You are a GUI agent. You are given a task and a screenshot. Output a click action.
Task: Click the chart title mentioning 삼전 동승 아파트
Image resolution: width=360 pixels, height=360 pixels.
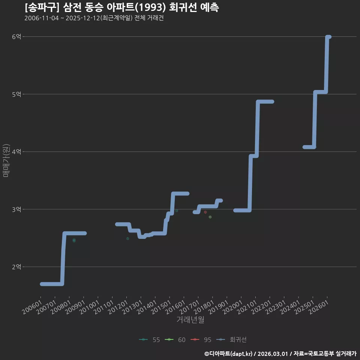[121, 7]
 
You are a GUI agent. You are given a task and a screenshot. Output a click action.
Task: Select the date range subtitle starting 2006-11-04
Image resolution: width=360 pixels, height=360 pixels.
[94, 18]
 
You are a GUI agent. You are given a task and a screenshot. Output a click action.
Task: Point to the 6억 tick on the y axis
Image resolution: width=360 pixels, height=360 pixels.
[16, 36]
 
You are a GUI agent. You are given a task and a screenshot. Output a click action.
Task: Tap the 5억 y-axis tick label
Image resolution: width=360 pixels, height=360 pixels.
[16, 94]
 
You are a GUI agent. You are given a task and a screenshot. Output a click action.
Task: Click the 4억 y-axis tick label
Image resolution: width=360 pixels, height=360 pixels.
[16, 151]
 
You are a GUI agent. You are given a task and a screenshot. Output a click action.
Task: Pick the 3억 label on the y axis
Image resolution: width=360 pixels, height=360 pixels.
[16, 209]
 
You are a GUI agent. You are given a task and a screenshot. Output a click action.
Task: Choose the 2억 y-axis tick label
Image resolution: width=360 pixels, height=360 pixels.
[16, 267]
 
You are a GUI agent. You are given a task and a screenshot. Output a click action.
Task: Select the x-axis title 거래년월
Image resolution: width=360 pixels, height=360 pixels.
[190, 319]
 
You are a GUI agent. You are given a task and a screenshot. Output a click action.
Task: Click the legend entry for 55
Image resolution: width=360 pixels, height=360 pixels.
[150, 340]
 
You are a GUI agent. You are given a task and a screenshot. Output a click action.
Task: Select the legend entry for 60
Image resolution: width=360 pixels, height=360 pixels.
[175, 340]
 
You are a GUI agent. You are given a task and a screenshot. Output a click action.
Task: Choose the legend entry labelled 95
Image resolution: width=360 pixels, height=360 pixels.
[201, 340]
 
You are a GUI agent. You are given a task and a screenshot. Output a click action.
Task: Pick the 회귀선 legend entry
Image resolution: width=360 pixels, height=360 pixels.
[231, 340]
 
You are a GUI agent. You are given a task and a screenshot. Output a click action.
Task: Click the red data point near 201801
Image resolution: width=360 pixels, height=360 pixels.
[205, 212]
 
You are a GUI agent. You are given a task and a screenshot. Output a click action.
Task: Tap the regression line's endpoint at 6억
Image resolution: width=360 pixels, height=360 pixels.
[329, 37]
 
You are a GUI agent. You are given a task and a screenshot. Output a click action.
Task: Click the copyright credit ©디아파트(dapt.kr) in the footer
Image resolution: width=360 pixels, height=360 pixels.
[228, 354]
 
